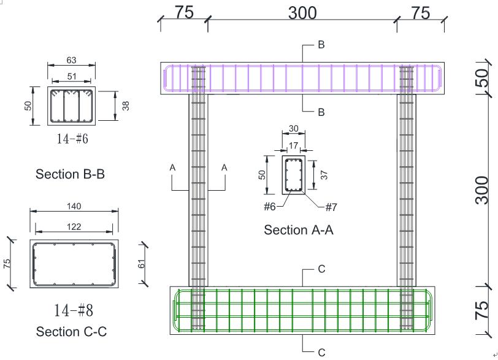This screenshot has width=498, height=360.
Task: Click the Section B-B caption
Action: [70, 174]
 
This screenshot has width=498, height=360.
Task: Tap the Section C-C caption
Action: [71, 332]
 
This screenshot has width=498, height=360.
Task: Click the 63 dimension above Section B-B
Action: [72, 61]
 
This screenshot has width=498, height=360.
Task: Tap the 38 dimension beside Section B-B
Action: [126, 105]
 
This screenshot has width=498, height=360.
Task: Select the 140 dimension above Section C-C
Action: [74, 207]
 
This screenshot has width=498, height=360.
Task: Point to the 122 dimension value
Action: [74, 226]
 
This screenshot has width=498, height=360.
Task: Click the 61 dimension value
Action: [141, 263]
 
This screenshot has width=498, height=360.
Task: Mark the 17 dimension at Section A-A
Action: [293, 146]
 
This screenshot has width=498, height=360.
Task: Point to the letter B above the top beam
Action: [321, 45]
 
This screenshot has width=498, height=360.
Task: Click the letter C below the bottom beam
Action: [321, 353]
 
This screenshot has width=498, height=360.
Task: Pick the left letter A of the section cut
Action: [173, 167]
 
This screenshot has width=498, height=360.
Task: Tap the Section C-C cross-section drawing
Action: [74, 263]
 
